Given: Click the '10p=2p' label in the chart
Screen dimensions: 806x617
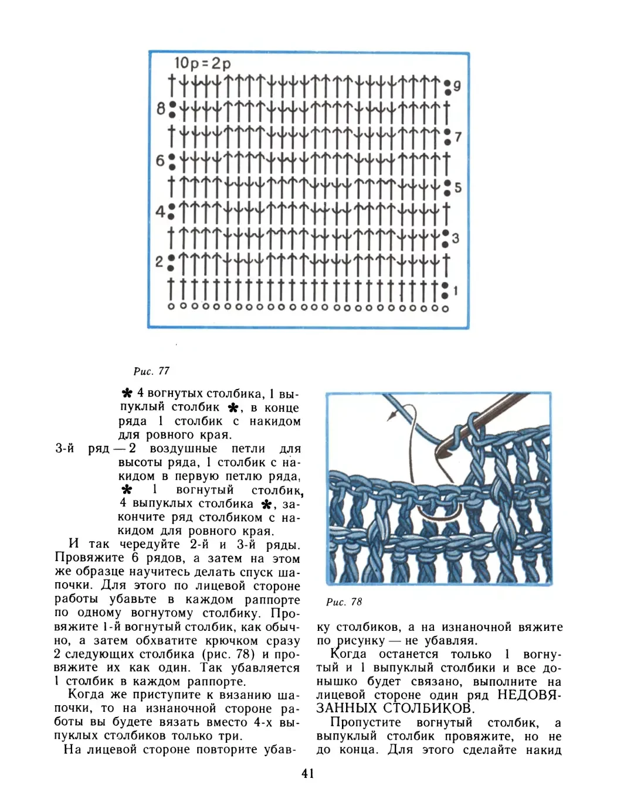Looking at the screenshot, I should [202, 63].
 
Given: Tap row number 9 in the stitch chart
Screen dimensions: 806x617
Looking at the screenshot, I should [457, 86].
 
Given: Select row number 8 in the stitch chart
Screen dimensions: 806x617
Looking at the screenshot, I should [161, 108].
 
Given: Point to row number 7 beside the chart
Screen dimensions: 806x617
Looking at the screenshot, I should [458, 137].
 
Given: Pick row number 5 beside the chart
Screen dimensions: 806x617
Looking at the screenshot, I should [458, 187].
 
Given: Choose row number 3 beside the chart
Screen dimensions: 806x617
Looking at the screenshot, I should [456, 238].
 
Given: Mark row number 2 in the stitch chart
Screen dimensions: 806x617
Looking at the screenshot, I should [160, 262].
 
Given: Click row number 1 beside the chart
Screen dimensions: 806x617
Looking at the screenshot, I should [456, 291].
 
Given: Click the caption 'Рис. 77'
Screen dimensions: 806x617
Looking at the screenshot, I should [151, 371].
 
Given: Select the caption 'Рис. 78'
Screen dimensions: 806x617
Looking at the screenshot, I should [344, 602].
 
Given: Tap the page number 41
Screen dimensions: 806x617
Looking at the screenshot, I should [308, 774].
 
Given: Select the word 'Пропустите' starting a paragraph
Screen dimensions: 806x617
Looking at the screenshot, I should [365, 722].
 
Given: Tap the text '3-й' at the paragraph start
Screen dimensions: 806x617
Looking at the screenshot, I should [65, 449].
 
